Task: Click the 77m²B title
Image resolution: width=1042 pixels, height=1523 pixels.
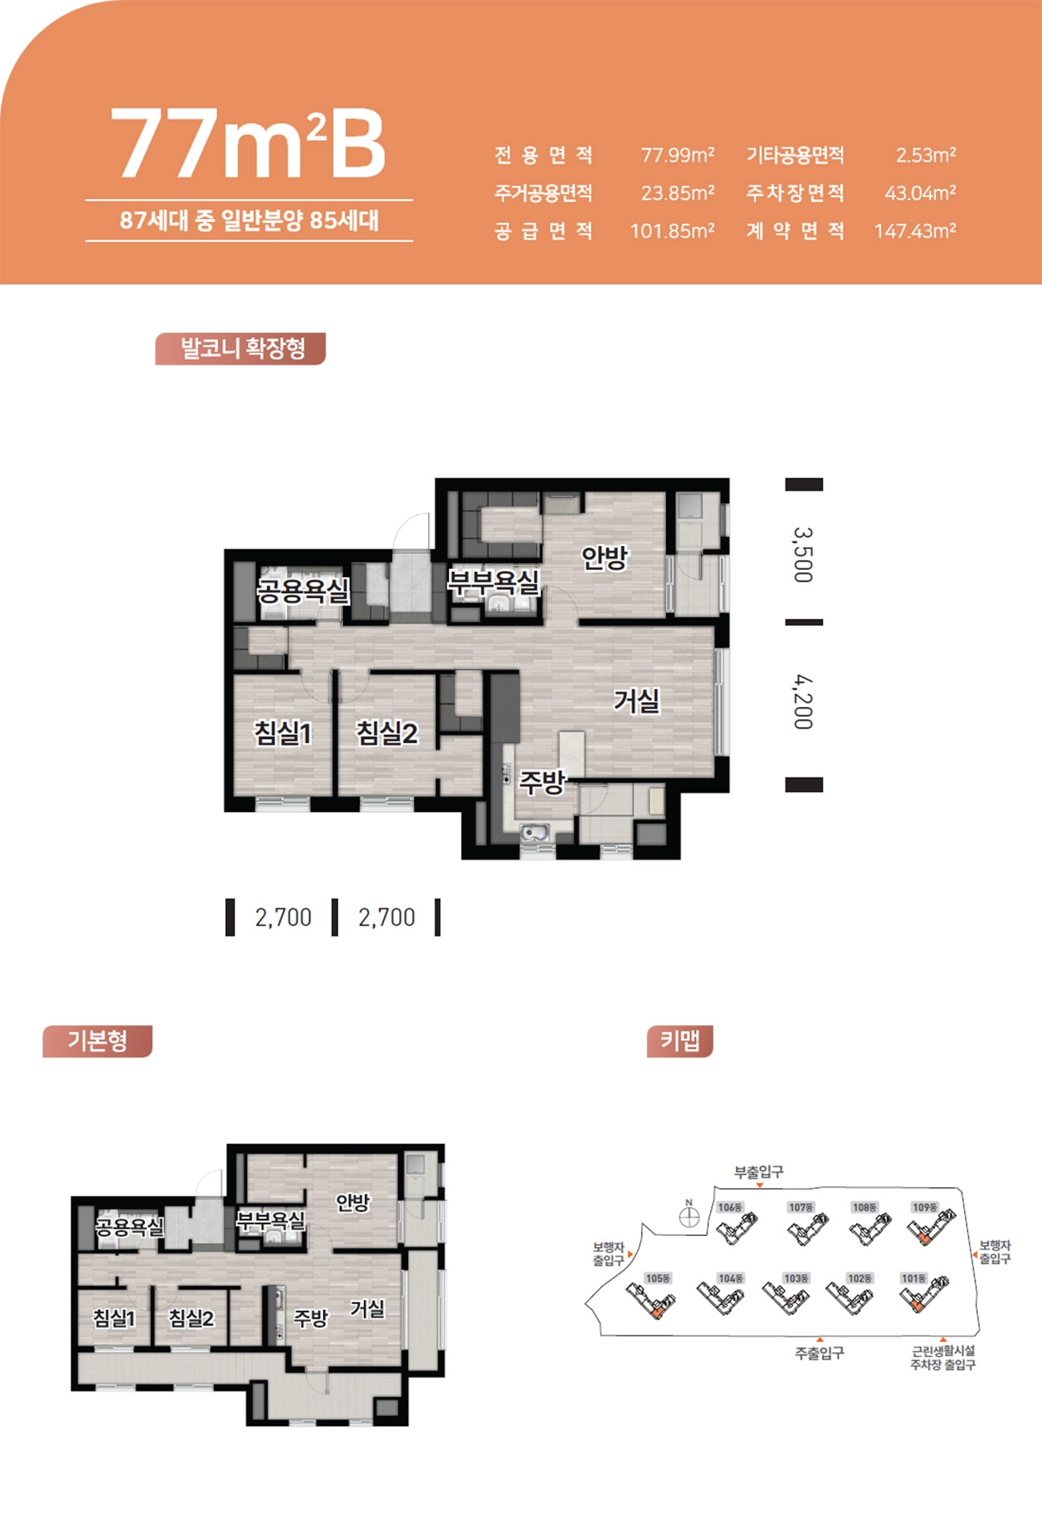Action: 248,144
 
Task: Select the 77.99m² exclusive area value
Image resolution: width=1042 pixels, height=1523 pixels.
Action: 677,155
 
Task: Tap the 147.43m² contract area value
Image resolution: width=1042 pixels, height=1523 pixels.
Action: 915,231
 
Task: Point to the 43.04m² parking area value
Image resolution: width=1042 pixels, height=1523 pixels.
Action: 920,192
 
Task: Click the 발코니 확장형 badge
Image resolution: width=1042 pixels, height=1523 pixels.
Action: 240,349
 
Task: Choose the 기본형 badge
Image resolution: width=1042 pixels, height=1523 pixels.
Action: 97,1041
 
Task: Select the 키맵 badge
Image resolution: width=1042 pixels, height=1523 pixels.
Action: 680,1041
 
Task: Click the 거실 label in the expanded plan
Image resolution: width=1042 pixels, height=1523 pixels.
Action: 636,701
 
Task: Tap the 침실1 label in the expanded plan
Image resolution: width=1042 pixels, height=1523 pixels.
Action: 283,733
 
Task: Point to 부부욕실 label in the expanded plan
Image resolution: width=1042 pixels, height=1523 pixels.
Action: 494,581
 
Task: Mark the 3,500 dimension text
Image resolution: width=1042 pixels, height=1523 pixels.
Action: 803,554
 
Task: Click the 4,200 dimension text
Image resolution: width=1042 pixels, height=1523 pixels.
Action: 803,702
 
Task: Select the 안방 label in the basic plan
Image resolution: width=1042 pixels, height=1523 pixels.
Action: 353,1202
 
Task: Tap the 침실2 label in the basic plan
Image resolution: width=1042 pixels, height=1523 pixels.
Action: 191,1318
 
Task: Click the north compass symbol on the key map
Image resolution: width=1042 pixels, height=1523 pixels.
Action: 689,1217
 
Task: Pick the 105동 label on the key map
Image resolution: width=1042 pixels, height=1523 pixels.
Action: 658,1278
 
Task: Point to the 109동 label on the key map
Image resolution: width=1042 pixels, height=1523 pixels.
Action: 925,1207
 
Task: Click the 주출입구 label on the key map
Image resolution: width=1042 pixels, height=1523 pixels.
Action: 819,1353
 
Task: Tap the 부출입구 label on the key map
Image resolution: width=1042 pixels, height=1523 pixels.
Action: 759,1172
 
